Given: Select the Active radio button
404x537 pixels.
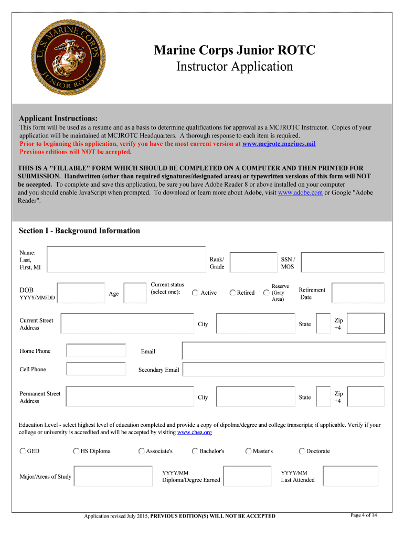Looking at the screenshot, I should pyautogui.click(x=195, y=293).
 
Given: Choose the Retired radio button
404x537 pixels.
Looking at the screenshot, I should pyautogui.click(x=232, y=293).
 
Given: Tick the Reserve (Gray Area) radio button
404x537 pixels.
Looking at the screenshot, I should pyautogui.click(x=266, y=293).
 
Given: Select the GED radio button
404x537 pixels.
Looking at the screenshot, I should pyautogui.click(x=23, y=451).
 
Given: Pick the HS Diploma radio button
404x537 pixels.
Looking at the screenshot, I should pyautogui.click(x=76, y=451).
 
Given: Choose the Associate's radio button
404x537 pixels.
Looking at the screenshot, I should pyautogui.click(x=141, y=451).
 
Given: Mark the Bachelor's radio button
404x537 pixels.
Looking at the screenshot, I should pyautogui.click(x=195, y=451).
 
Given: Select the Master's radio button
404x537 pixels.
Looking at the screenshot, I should pyautogui.click(x=248, y=451).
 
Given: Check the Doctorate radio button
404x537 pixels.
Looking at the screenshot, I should pyautogui.click(x=302, y=451).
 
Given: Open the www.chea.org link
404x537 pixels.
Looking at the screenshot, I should pyautogui.click(x=195, y=432).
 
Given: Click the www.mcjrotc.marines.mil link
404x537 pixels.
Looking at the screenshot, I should pyautogui.click(x=279, y=143).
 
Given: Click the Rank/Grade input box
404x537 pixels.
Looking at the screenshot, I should pyautogui.click(x=250, y=263).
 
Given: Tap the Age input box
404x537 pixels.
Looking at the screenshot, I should pyautogui.click(x=135, y=293).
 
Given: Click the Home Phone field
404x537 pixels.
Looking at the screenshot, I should pyautogui.click(x=96, y=351).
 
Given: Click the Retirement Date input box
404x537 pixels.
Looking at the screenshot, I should pyautogui.click(x=358, y=293).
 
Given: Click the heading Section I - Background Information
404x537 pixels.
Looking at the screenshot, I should pyautogui.click(x=79, y=231).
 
